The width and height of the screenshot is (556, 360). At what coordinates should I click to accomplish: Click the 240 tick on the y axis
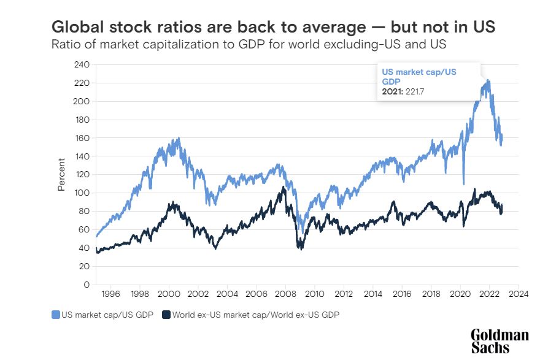(82, 64)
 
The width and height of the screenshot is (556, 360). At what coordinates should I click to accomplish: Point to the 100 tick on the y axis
(82, 193)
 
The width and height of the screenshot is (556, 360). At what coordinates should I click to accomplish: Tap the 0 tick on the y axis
(87, 285)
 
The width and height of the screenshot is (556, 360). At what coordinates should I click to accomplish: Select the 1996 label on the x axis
(110, 294)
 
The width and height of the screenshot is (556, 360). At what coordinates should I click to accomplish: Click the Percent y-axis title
(61, 175)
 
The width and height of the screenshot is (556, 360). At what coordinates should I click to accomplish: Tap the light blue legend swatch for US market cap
(56, 315)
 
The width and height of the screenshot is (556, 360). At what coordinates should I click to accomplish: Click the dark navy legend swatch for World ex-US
(166, 315)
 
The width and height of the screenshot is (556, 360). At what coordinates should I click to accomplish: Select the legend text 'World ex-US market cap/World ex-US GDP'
(255, 315)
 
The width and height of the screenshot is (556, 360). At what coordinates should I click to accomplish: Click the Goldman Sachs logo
(499, 341)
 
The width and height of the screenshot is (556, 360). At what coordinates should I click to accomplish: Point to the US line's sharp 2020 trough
(463, 183)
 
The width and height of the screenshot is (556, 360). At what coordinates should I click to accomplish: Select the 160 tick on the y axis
(82, 138)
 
